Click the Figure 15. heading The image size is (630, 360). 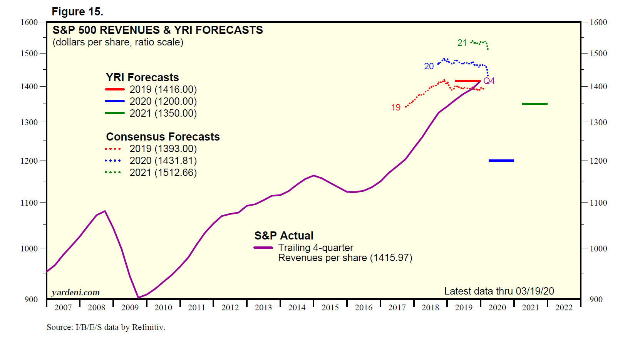coord(77,12)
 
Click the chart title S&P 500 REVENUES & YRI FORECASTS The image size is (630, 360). coord(157,30)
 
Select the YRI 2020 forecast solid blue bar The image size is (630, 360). coord(501,161)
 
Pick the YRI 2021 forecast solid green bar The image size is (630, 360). coord(534,104)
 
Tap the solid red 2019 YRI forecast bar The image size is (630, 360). coord(467,81)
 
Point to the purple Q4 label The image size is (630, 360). coord(489,81)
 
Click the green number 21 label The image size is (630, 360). coord(462,43)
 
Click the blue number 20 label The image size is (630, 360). coord(429,66)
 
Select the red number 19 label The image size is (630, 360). coord(396,107)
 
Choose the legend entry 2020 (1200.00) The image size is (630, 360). coord(163,101)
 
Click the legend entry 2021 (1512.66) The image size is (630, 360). coord(163,172)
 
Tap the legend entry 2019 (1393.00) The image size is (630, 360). coord(163,149)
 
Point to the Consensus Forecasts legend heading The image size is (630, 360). coord(163,137)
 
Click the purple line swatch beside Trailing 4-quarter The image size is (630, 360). coord(263,248)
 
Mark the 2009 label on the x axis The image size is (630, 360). coord(130,308)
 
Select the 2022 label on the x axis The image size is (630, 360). coord(564,308)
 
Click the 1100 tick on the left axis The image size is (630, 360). coord(29,203)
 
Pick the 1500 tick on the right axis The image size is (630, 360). coord(598,54)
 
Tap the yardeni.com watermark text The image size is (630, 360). coord(75,293)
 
